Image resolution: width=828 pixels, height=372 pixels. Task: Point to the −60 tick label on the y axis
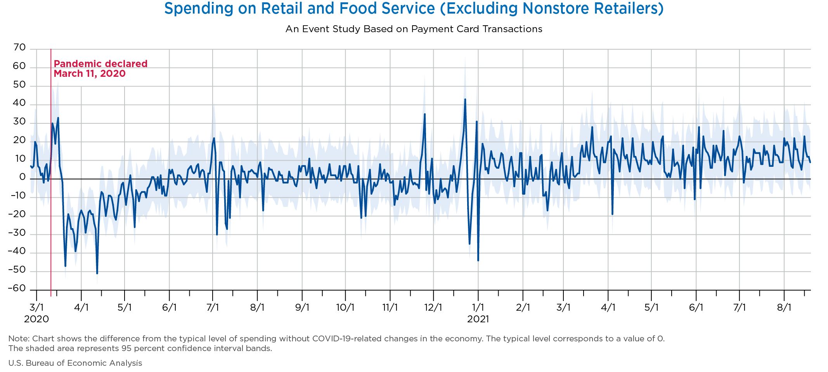coord(17,289)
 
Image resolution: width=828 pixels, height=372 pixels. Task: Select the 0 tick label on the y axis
coord(23,177)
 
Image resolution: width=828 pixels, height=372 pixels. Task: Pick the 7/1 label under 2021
coord(740,308)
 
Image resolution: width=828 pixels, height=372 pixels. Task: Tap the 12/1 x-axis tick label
coord(433,308)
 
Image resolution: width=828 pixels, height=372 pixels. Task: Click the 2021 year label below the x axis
coord(478,319)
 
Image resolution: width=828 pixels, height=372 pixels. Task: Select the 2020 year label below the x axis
coord(36,319)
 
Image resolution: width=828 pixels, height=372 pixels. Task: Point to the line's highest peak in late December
coord(465,99)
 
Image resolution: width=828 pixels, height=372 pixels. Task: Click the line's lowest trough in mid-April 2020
coord(97,273)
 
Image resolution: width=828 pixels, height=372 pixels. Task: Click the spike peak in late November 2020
coord(425,114)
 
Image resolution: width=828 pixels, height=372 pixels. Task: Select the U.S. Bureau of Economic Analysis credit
coord(75,363)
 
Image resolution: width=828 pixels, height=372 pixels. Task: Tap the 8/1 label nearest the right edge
coord(784,308)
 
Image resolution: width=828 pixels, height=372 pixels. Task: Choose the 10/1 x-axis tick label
coord(345,308)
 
